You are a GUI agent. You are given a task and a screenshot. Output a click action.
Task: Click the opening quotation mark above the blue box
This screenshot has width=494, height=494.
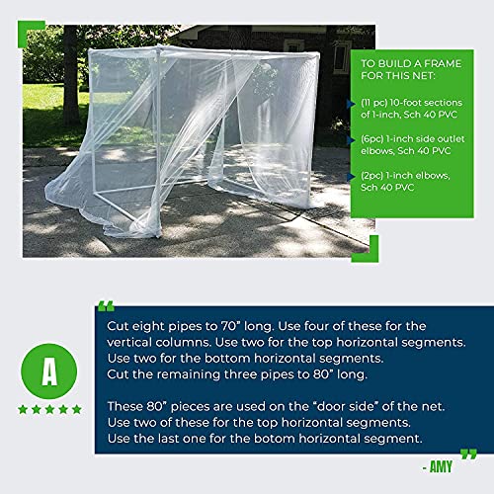coord(107,305)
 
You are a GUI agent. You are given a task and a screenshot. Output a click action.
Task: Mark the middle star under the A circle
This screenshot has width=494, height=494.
coord(48,409)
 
